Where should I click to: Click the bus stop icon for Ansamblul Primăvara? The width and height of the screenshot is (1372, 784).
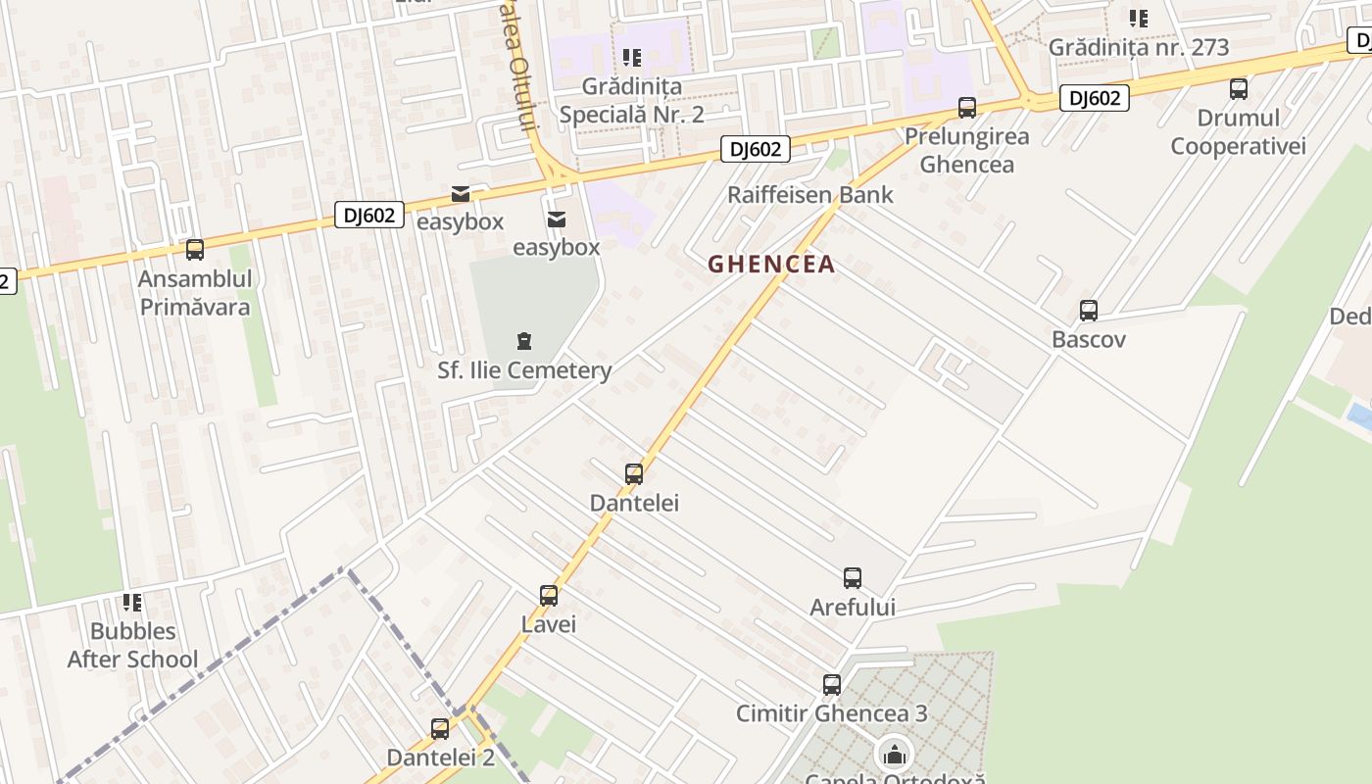coord(195,250)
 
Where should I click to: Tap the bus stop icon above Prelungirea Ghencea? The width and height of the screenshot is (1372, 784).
coord(967,108)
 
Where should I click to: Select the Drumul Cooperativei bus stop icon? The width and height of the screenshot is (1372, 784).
coord(1239,89)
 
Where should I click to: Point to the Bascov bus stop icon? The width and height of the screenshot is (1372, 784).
coord(1088,311)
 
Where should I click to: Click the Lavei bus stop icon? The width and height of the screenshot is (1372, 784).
coord(549,596)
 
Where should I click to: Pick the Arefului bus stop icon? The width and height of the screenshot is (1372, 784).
coord(853,578)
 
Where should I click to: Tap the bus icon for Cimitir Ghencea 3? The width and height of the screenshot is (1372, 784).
coord(832,684)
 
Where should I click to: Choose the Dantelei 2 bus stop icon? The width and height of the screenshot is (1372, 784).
coord(440,729)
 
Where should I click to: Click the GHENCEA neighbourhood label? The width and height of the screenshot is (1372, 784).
coord(771,264)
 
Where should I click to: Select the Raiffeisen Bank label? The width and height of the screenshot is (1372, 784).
coord(809,194)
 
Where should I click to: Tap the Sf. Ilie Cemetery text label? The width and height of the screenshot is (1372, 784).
coord(524,370)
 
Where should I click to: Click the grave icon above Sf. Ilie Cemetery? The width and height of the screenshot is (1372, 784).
coord(524,341)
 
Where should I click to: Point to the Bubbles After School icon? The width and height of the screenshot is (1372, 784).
coord(132,602)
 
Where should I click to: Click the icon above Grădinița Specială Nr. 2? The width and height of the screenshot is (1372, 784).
coord(632,58)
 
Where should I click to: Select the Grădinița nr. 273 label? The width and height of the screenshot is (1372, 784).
coord(1138,47)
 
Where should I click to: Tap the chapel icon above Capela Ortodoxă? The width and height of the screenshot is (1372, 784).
coord(894,755)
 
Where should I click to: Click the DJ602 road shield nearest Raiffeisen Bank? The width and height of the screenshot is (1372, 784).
coord(756,149)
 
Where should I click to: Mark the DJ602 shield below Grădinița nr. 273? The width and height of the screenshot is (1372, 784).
coord(1094,98)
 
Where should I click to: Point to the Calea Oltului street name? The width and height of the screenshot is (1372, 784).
coord(520,78)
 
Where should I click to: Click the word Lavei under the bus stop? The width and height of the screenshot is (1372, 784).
coord(549,624)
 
